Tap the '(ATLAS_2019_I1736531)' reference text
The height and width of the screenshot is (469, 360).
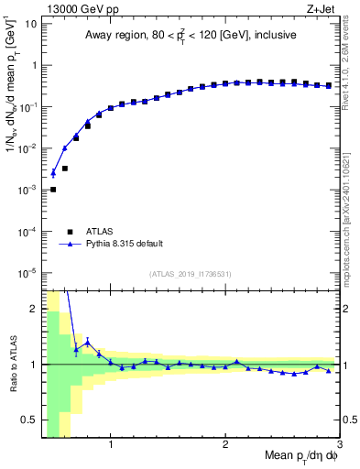190,273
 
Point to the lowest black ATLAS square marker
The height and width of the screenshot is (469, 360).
53,190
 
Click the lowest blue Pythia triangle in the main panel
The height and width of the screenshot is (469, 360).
53,172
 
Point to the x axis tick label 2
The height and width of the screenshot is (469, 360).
225,446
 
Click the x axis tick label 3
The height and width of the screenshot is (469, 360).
340,446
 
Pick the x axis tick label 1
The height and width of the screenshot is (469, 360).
111,446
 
